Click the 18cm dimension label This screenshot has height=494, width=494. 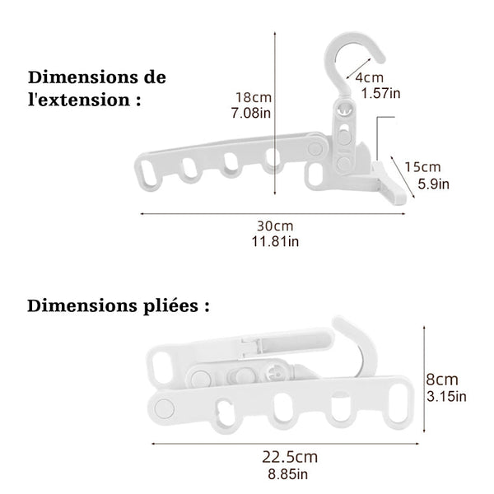[x=254, y=97]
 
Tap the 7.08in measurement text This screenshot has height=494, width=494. [x=251, y=113]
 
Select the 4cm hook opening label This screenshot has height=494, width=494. [x=370, y=77]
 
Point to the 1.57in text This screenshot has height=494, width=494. [x=380, y=93]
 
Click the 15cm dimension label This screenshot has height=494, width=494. [x=422, y=167]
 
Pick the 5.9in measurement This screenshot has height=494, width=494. [x=434, y=184]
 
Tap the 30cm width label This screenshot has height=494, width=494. [x=275, y=226]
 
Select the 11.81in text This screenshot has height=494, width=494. [x=275, y=241]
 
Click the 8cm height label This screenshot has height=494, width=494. [x=442, y=380]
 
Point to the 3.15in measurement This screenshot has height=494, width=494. [x=446, y=396]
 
